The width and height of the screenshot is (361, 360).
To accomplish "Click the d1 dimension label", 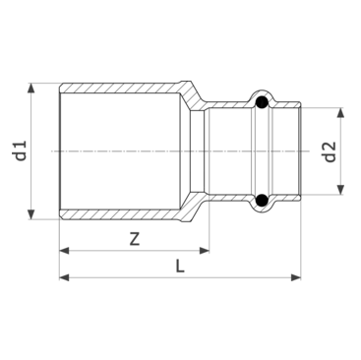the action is (x=21, y=150).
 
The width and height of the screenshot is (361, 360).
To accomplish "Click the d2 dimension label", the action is (x=330, y=151).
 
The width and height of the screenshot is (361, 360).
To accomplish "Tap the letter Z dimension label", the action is (x=135, y=239).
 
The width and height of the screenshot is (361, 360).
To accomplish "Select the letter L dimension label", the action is (x=179, y=266).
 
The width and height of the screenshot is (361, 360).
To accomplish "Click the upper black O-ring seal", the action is (x=262, y=102).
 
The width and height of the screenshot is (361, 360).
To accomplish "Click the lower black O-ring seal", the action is (x=262, y=200).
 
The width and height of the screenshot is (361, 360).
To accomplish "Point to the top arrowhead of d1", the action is (x=30, y=89).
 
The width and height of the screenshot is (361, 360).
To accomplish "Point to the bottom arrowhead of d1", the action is (x=30, y=214).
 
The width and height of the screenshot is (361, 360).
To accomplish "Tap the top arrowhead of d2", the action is (x=340, y=112).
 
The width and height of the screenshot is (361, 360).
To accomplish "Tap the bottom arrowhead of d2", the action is (x=340, y=190).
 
